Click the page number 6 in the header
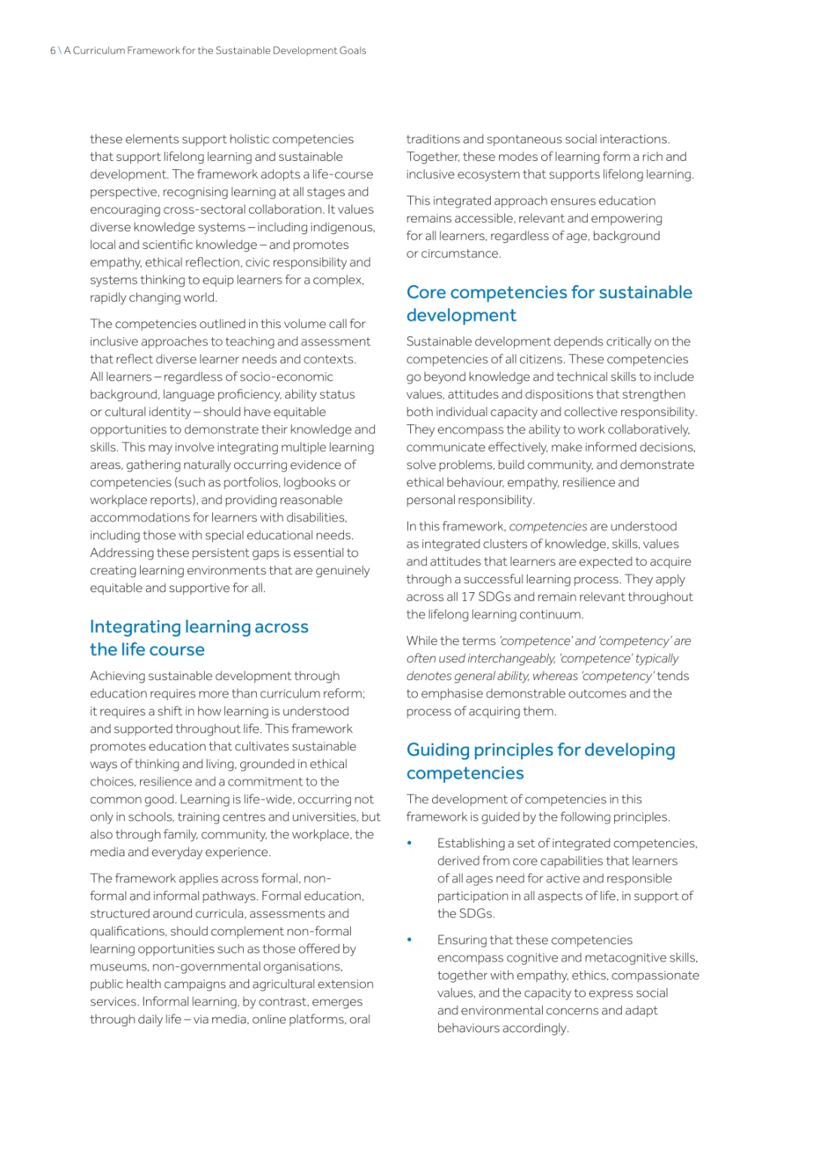click(53, 50)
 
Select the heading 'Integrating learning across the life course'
click(199, 637)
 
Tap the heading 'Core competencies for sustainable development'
click(549, 303)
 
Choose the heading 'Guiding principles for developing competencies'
click(540, 761)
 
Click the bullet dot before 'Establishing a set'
click(410, 843)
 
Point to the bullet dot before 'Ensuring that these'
click(410, 939)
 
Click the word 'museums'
click(118, 966)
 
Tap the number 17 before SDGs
click(467, 597)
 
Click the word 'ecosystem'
click(489, 175)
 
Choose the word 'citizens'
click(538, 359)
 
